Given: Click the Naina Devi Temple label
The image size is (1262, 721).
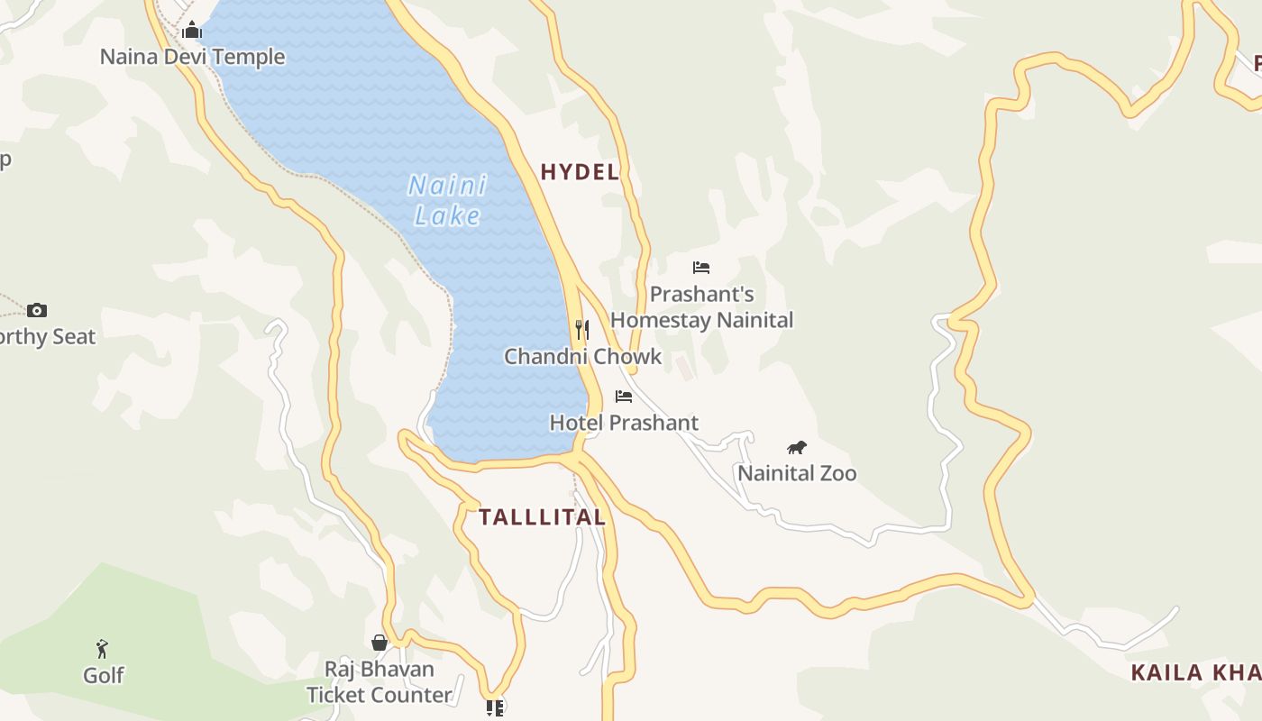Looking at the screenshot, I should coord(192,57).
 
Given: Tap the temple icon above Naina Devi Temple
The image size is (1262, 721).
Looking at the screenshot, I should coord(192,32).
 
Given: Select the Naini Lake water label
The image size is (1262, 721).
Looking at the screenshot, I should coord(447,200).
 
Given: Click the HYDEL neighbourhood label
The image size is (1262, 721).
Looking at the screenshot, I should coord(580,172).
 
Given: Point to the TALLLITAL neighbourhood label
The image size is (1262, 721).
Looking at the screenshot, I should coord(542,517).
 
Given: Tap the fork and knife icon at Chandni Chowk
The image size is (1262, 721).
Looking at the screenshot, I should coord(582,330).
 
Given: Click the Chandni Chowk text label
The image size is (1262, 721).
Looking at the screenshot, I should coord(582,357).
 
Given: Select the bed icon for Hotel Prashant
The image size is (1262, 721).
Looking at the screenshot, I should coord(624,397).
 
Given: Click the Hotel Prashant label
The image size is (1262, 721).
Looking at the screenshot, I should coord(624,423).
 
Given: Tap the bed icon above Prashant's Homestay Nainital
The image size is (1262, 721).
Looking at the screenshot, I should coord(701,268).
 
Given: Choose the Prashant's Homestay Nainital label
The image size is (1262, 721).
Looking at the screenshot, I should coord(701,307).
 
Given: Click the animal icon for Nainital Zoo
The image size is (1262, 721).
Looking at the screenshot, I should coord(796,447).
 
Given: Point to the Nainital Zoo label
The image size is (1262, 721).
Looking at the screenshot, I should coord(797,473).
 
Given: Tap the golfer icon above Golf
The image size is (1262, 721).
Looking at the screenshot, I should coord(103,649).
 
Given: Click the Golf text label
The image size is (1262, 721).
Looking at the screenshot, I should coord(103,675).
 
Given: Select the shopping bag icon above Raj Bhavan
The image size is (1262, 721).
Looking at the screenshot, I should coord(380,643).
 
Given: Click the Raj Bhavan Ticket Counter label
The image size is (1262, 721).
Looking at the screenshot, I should coord(380,682).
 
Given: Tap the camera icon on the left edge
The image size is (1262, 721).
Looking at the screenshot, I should coord(37,311).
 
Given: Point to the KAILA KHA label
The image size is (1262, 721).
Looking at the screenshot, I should coord(1195,672).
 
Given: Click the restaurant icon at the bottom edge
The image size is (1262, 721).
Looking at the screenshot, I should coord(494,708).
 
